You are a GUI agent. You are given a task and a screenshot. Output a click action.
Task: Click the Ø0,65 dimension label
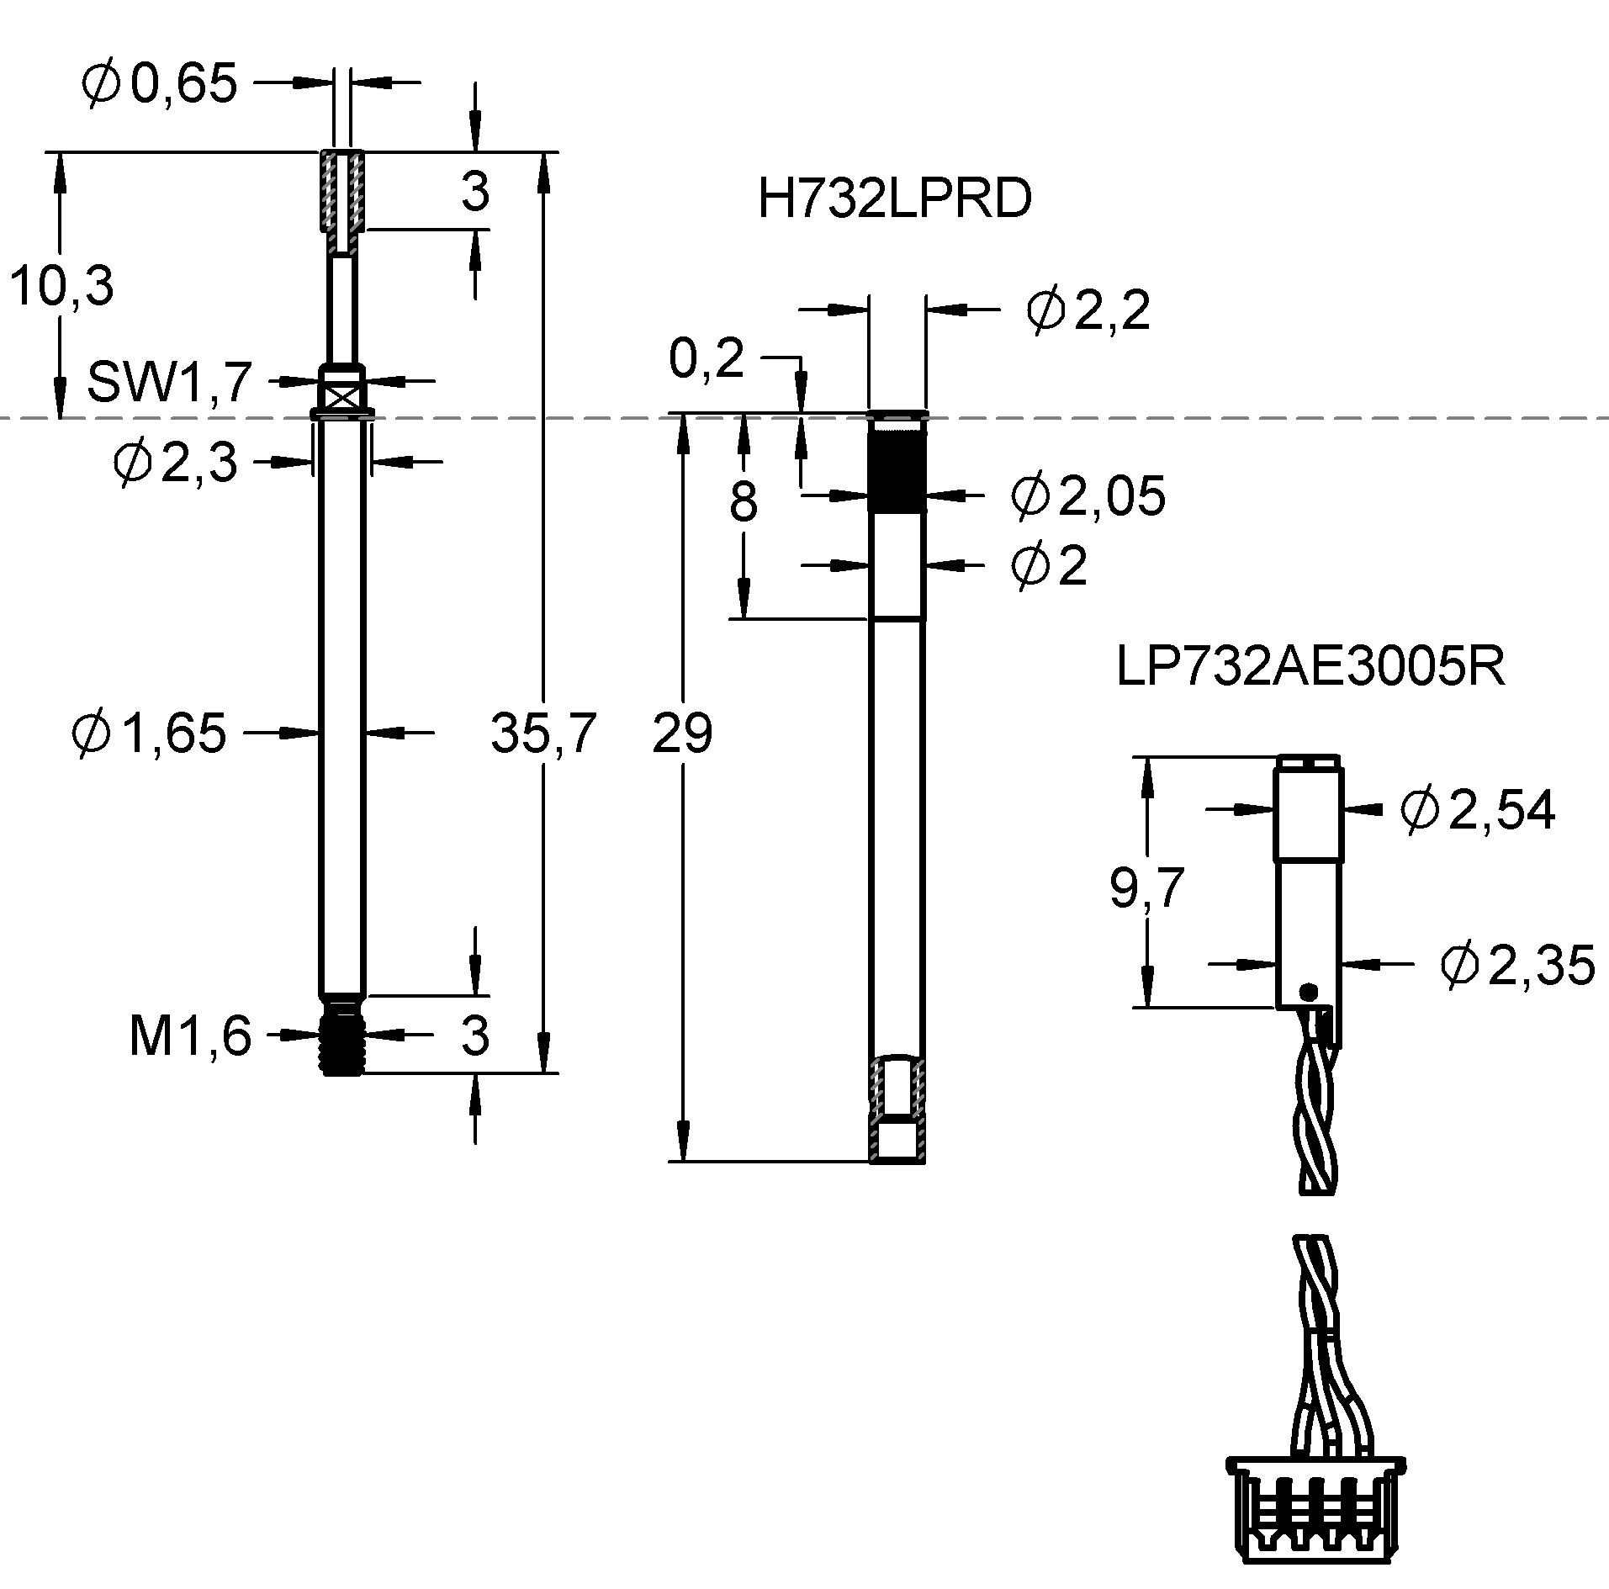pyautogui.click(x=160, y=83)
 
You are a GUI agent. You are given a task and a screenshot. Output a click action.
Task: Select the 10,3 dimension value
pyautogui.click(x=61, y=287)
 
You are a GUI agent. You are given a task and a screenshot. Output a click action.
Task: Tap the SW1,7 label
pyautogui.click(x=169, y=381)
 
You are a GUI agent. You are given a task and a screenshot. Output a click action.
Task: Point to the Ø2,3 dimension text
pyautogui.click(x=175, y=463)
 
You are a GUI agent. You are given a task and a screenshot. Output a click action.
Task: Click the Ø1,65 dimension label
pyautogui.click(x=150, y=732)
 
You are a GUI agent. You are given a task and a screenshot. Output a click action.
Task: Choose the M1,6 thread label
pyautogui.click(x=190, y=1035)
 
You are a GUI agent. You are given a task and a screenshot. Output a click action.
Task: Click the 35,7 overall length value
pyautogui.click(x=543, y=733)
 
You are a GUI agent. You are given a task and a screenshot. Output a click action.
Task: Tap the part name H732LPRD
pyautogui.click(x=894, y=200)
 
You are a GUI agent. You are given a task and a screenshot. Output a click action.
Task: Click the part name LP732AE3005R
pyautogui.click(x=1310, y=668)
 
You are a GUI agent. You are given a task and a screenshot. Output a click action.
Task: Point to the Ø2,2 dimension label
pyautogui.click(x=1088, y=311)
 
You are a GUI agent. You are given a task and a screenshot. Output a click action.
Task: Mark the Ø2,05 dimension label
pyautogui.click(x=1088, y=495)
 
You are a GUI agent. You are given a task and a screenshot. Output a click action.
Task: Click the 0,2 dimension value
pyautogui.click(x=707, y=360)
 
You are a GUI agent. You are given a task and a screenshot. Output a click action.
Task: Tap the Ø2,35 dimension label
pyautogui.click(x=1517, y=965)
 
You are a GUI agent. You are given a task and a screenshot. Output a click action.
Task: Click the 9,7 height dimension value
pyautogui.click(x=1147, y=888)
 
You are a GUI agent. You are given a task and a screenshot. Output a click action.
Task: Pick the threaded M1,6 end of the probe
pyautogui.click(x=341, y=1034)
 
